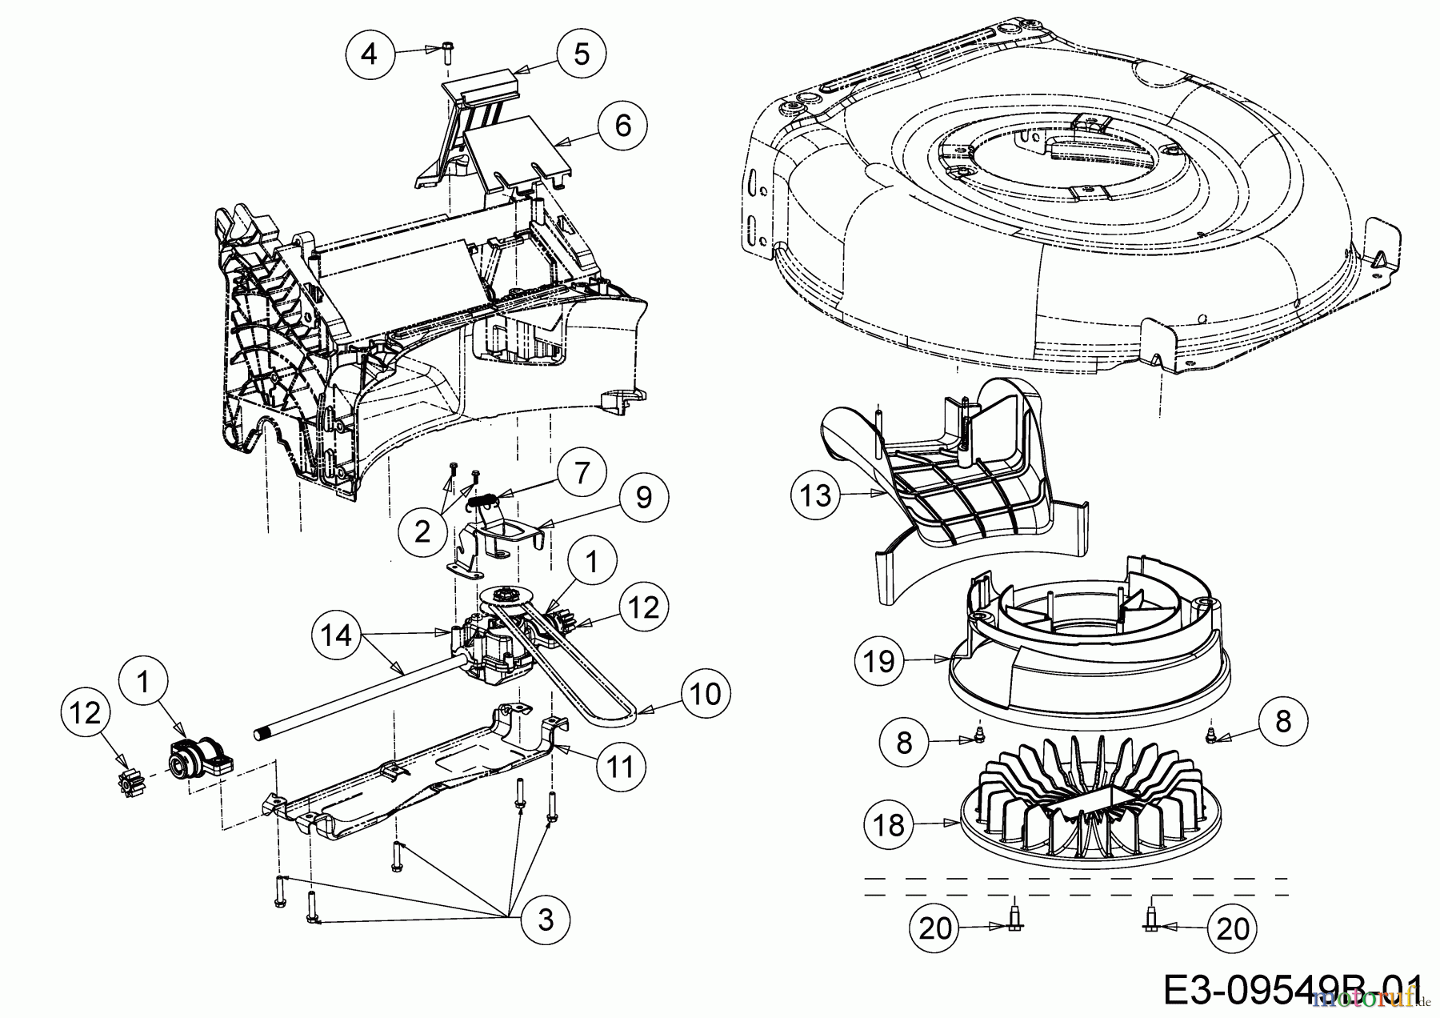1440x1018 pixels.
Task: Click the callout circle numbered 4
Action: pyautogui.click(x=369, y=54)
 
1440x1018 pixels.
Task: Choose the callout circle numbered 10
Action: pyautogui.click(x=706, y=693)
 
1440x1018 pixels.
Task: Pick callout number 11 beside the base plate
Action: pyautogui.click(x=622, y=766)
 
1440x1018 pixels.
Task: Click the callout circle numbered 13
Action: pyautogui.click(x=817, y=495)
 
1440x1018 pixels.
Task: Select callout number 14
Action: pyautogui.click(x=336, y=635)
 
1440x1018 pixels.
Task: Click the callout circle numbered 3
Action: pyautogui.click(x=545, y=920)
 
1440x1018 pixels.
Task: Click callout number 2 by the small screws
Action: pyautogui.click(x=423, y=531)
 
